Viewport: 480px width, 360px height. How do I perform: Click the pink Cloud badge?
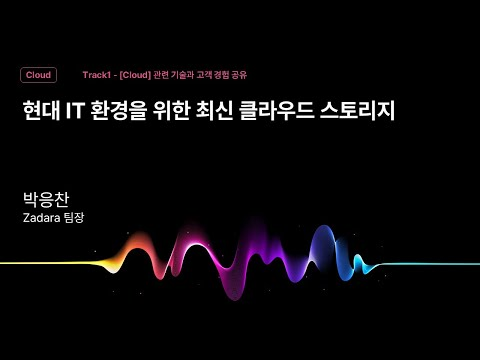point(38,75)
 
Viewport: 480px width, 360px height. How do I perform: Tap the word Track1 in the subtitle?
point(98,75)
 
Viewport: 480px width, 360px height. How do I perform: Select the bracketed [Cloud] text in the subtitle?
point(134,75)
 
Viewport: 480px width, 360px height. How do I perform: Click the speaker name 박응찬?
point(45,198)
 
